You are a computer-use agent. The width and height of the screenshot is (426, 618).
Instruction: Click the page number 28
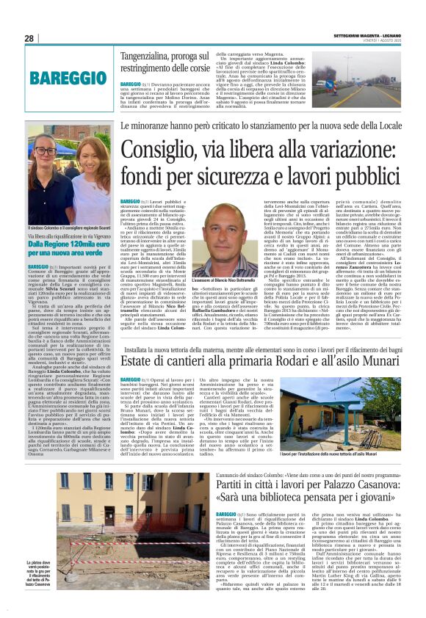(x=29, y=38)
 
